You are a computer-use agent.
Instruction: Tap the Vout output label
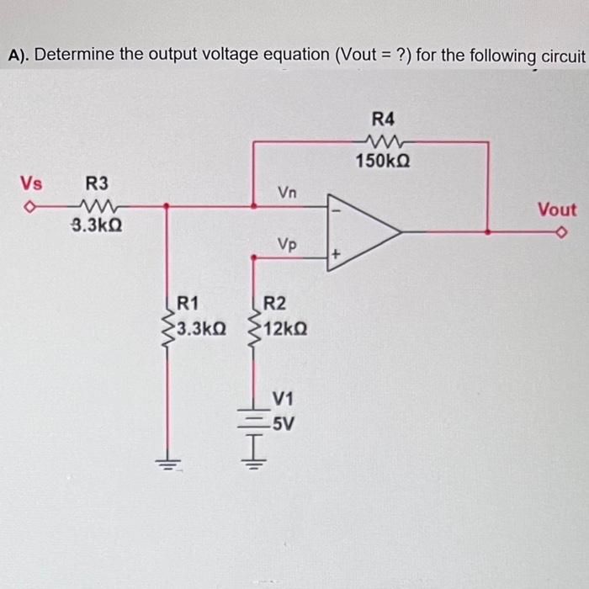coord(557,210)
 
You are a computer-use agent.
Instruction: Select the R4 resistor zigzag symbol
coord(388,141)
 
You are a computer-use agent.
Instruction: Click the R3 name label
coord(97,183)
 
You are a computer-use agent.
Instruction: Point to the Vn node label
coord(287,193)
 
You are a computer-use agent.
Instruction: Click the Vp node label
coord(287,245)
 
